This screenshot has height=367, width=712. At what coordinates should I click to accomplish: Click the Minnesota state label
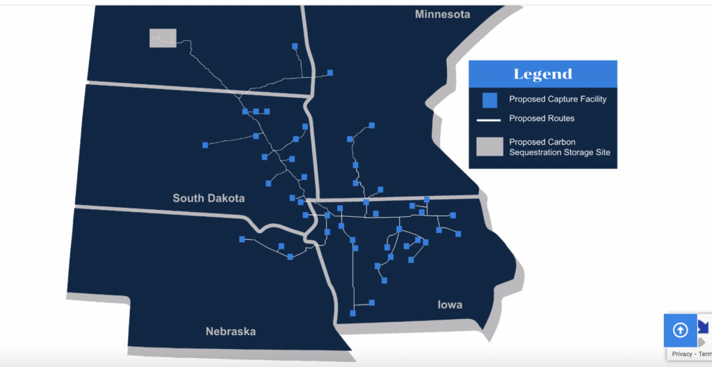pos(442,14)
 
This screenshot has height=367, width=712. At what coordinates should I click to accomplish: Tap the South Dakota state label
pos(209,198)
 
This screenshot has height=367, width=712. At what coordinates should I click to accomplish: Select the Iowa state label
pos(450,305)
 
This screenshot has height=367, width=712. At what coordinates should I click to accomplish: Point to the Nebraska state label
pos(230,332)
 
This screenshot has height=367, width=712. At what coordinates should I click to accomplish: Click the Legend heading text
pos(542,74)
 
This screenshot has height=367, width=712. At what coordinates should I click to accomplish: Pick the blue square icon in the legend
pos(489,100)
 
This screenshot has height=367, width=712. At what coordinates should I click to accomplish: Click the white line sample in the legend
pos(489,120)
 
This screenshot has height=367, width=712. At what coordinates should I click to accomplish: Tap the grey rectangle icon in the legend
pos(489,147)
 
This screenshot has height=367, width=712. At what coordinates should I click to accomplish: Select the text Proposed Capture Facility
pos(558,99)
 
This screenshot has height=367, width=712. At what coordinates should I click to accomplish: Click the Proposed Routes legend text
pos(542,119)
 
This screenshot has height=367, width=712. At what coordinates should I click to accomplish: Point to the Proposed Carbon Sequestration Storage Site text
pos(559,147)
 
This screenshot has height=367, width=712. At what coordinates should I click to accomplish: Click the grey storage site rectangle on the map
pos(163,38)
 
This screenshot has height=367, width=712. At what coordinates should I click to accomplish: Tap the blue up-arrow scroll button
pos(680,330)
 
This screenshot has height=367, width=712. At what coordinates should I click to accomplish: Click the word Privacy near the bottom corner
pos(682,354)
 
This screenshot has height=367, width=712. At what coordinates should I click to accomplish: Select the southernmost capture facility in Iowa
pos(353,313)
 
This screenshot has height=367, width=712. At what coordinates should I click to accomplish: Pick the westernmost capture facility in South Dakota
pos(205,145)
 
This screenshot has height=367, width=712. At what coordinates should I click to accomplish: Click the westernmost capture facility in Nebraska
pos(242,239)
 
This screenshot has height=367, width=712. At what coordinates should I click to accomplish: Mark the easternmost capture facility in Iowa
pos(458,234)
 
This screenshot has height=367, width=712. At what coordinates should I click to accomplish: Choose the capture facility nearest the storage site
pos(295,47)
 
